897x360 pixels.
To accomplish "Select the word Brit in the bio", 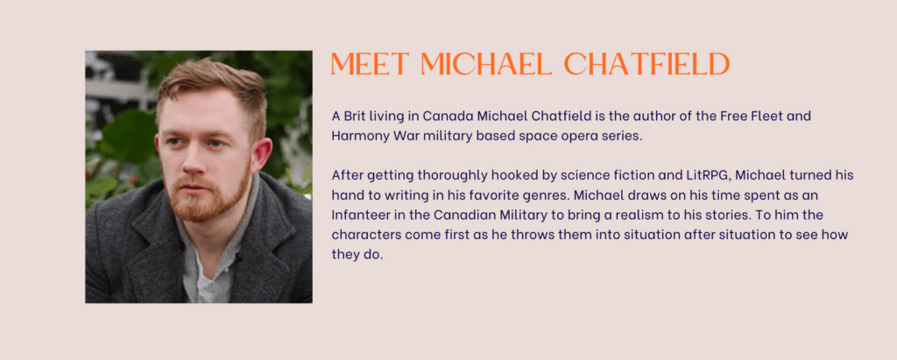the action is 356,116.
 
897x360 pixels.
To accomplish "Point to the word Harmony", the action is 356,138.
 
